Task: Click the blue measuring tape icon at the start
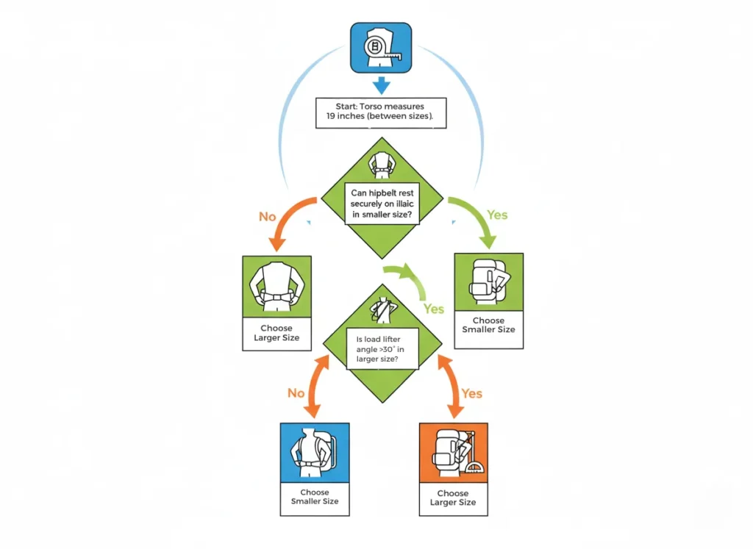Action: coord(381,48)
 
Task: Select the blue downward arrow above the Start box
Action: coord(381,85)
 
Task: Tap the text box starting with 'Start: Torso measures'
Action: coord(381,112)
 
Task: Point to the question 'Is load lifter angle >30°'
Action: coord(382,349)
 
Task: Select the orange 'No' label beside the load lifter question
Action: coord(296,393)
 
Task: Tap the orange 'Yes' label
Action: coord(471,393)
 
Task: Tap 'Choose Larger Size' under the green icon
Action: coord(277,334)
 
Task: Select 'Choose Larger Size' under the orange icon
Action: coord(453,498)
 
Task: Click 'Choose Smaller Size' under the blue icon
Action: coord(315,497)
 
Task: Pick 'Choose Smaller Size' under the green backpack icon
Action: coord(489,326)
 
